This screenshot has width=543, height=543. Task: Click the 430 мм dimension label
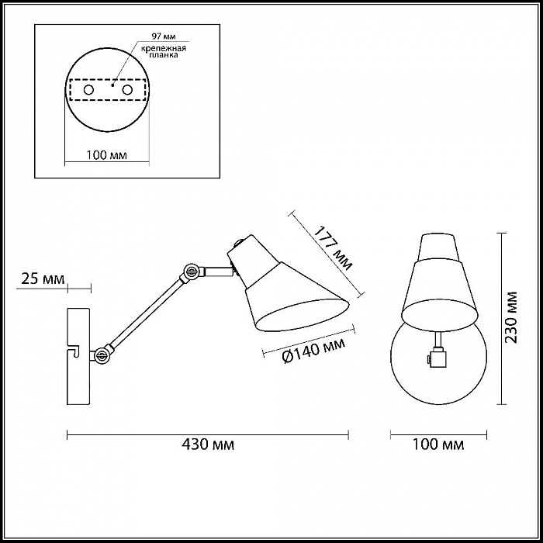click(x=208, y=444)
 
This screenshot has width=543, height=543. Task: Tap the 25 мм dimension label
click(x=43, y=278)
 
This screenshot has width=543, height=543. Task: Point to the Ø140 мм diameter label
click(x=313, y=351)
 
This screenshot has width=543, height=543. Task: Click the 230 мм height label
click(x=510, y=317)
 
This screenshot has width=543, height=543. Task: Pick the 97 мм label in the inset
click(x=164, y=36)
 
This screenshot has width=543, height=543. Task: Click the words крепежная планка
click(x=164, y=52)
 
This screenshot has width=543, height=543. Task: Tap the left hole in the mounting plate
click(x=88, y=90)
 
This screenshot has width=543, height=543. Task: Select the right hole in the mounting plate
click(x=127, y=90)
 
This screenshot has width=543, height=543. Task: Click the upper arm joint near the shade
click(x=191, y=271)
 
